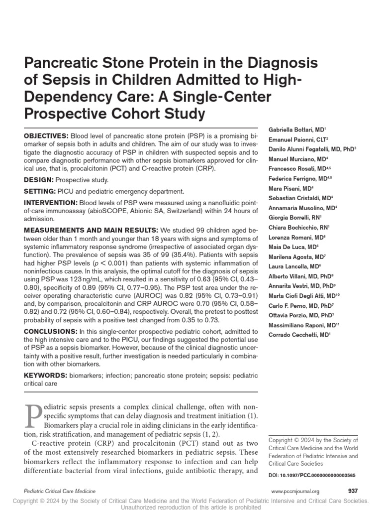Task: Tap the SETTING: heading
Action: tap(39, 191)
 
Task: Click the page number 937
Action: tap(353, 491)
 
